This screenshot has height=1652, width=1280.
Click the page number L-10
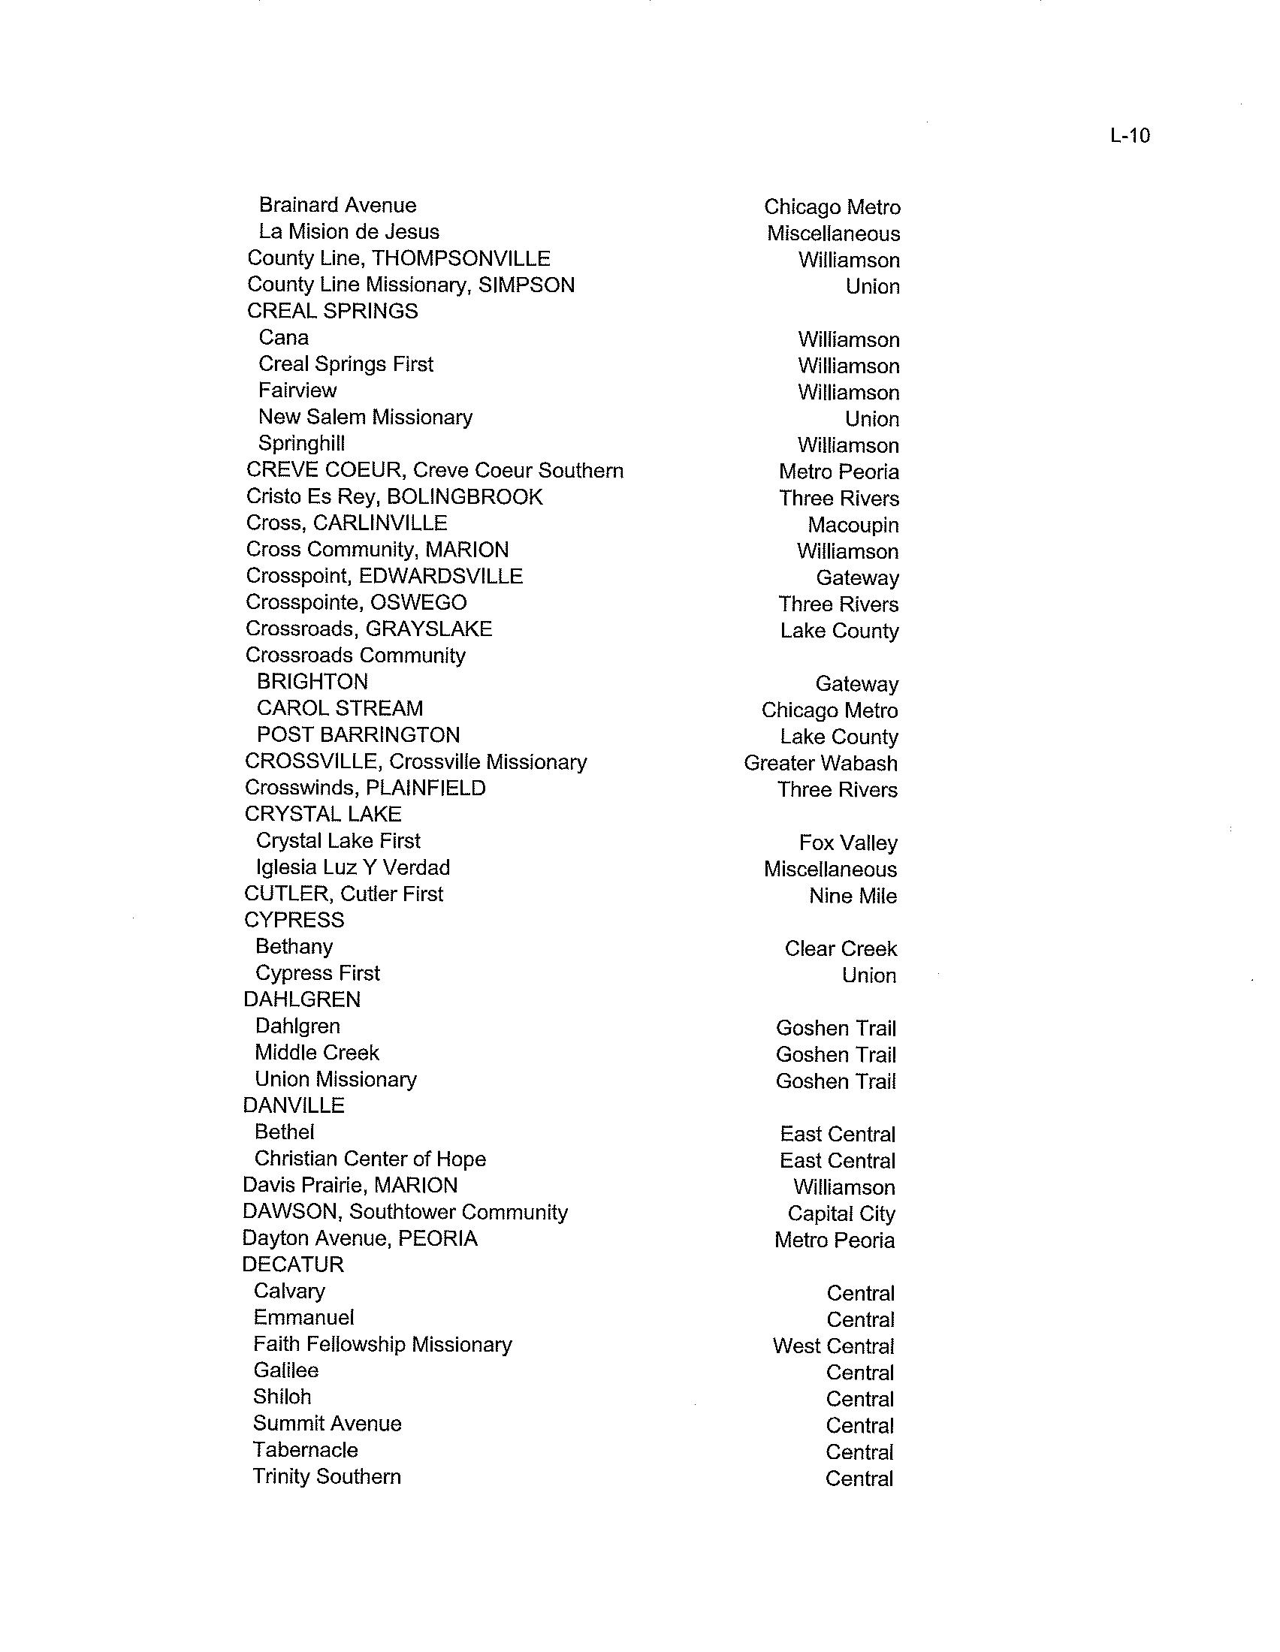click(1130, 136)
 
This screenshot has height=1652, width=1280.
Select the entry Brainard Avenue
click(337, 205)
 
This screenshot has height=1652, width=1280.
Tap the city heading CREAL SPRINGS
click(332, 311)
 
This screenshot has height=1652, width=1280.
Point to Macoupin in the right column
click(853, 525)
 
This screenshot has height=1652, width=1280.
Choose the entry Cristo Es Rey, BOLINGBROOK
click(394, 497)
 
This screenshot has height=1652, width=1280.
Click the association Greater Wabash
click(820, 763)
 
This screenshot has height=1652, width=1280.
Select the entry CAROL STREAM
click(340, 708)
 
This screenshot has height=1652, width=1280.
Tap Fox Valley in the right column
click(848, 843)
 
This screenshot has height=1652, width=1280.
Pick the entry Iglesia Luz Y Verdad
click(352, 867)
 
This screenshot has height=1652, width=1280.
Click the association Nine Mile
click(853, 896)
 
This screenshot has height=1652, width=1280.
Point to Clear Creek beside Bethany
click(841, 948)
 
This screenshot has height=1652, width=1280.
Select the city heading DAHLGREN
click(302, 999)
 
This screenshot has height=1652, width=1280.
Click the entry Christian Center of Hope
click(370, 1159)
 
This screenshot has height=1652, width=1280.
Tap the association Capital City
click(841, 1213)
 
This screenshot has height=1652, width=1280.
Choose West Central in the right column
click(833, 1346)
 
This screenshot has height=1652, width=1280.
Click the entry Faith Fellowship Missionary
click(382, 1344)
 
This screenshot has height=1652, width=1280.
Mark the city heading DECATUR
click(293, 1265)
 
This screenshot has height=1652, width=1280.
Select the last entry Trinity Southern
click(327, 1476)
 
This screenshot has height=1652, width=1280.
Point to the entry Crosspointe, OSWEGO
click(356, 603)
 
